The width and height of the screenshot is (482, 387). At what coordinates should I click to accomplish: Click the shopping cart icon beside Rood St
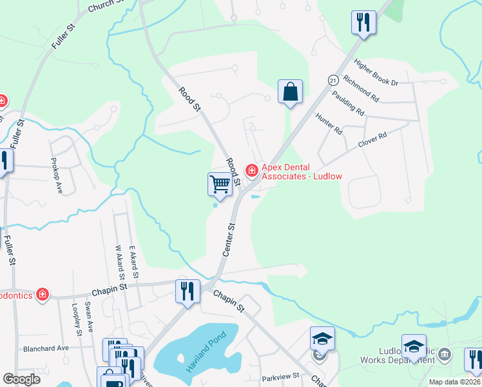220,184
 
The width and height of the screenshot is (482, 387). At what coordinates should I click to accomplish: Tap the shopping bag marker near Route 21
291,92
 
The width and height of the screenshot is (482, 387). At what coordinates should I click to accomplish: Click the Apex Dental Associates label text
301,171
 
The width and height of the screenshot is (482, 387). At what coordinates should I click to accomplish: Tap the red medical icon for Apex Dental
252,171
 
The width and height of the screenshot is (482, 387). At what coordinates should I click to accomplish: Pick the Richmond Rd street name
361,89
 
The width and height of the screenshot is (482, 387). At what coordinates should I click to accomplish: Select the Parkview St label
281,375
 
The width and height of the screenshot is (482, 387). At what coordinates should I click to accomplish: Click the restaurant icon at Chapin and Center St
188,290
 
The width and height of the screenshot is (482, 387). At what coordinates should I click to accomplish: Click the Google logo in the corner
21,379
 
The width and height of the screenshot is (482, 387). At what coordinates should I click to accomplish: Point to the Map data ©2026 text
454,382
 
